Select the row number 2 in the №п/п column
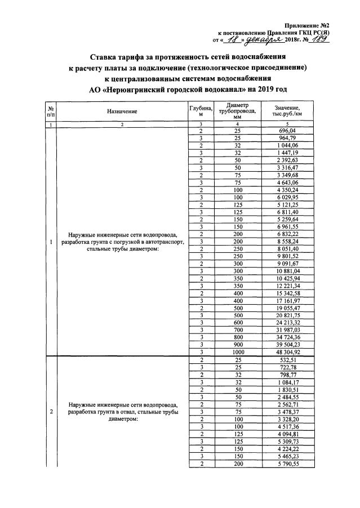(x=51, y=411)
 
